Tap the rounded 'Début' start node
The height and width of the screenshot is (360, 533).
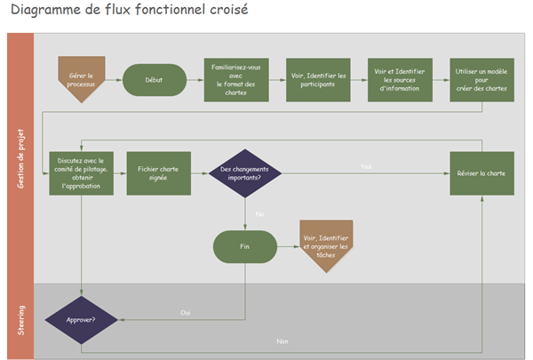point(154,80)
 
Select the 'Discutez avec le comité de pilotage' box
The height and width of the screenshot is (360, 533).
point(81,173)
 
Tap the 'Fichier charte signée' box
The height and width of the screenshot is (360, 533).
point(157,173)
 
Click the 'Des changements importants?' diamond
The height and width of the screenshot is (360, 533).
point(244,173)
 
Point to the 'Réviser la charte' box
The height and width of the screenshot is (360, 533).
point(481,173)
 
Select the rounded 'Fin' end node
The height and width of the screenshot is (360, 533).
point(244,245)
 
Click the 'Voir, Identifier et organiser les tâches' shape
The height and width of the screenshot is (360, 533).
point(326,244)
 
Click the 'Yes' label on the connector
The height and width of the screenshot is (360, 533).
point(366,167)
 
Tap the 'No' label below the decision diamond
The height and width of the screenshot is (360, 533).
point(259,214)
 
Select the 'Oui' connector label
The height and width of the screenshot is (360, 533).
point(186,312)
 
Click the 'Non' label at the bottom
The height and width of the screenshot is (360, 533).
point(282,341)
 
